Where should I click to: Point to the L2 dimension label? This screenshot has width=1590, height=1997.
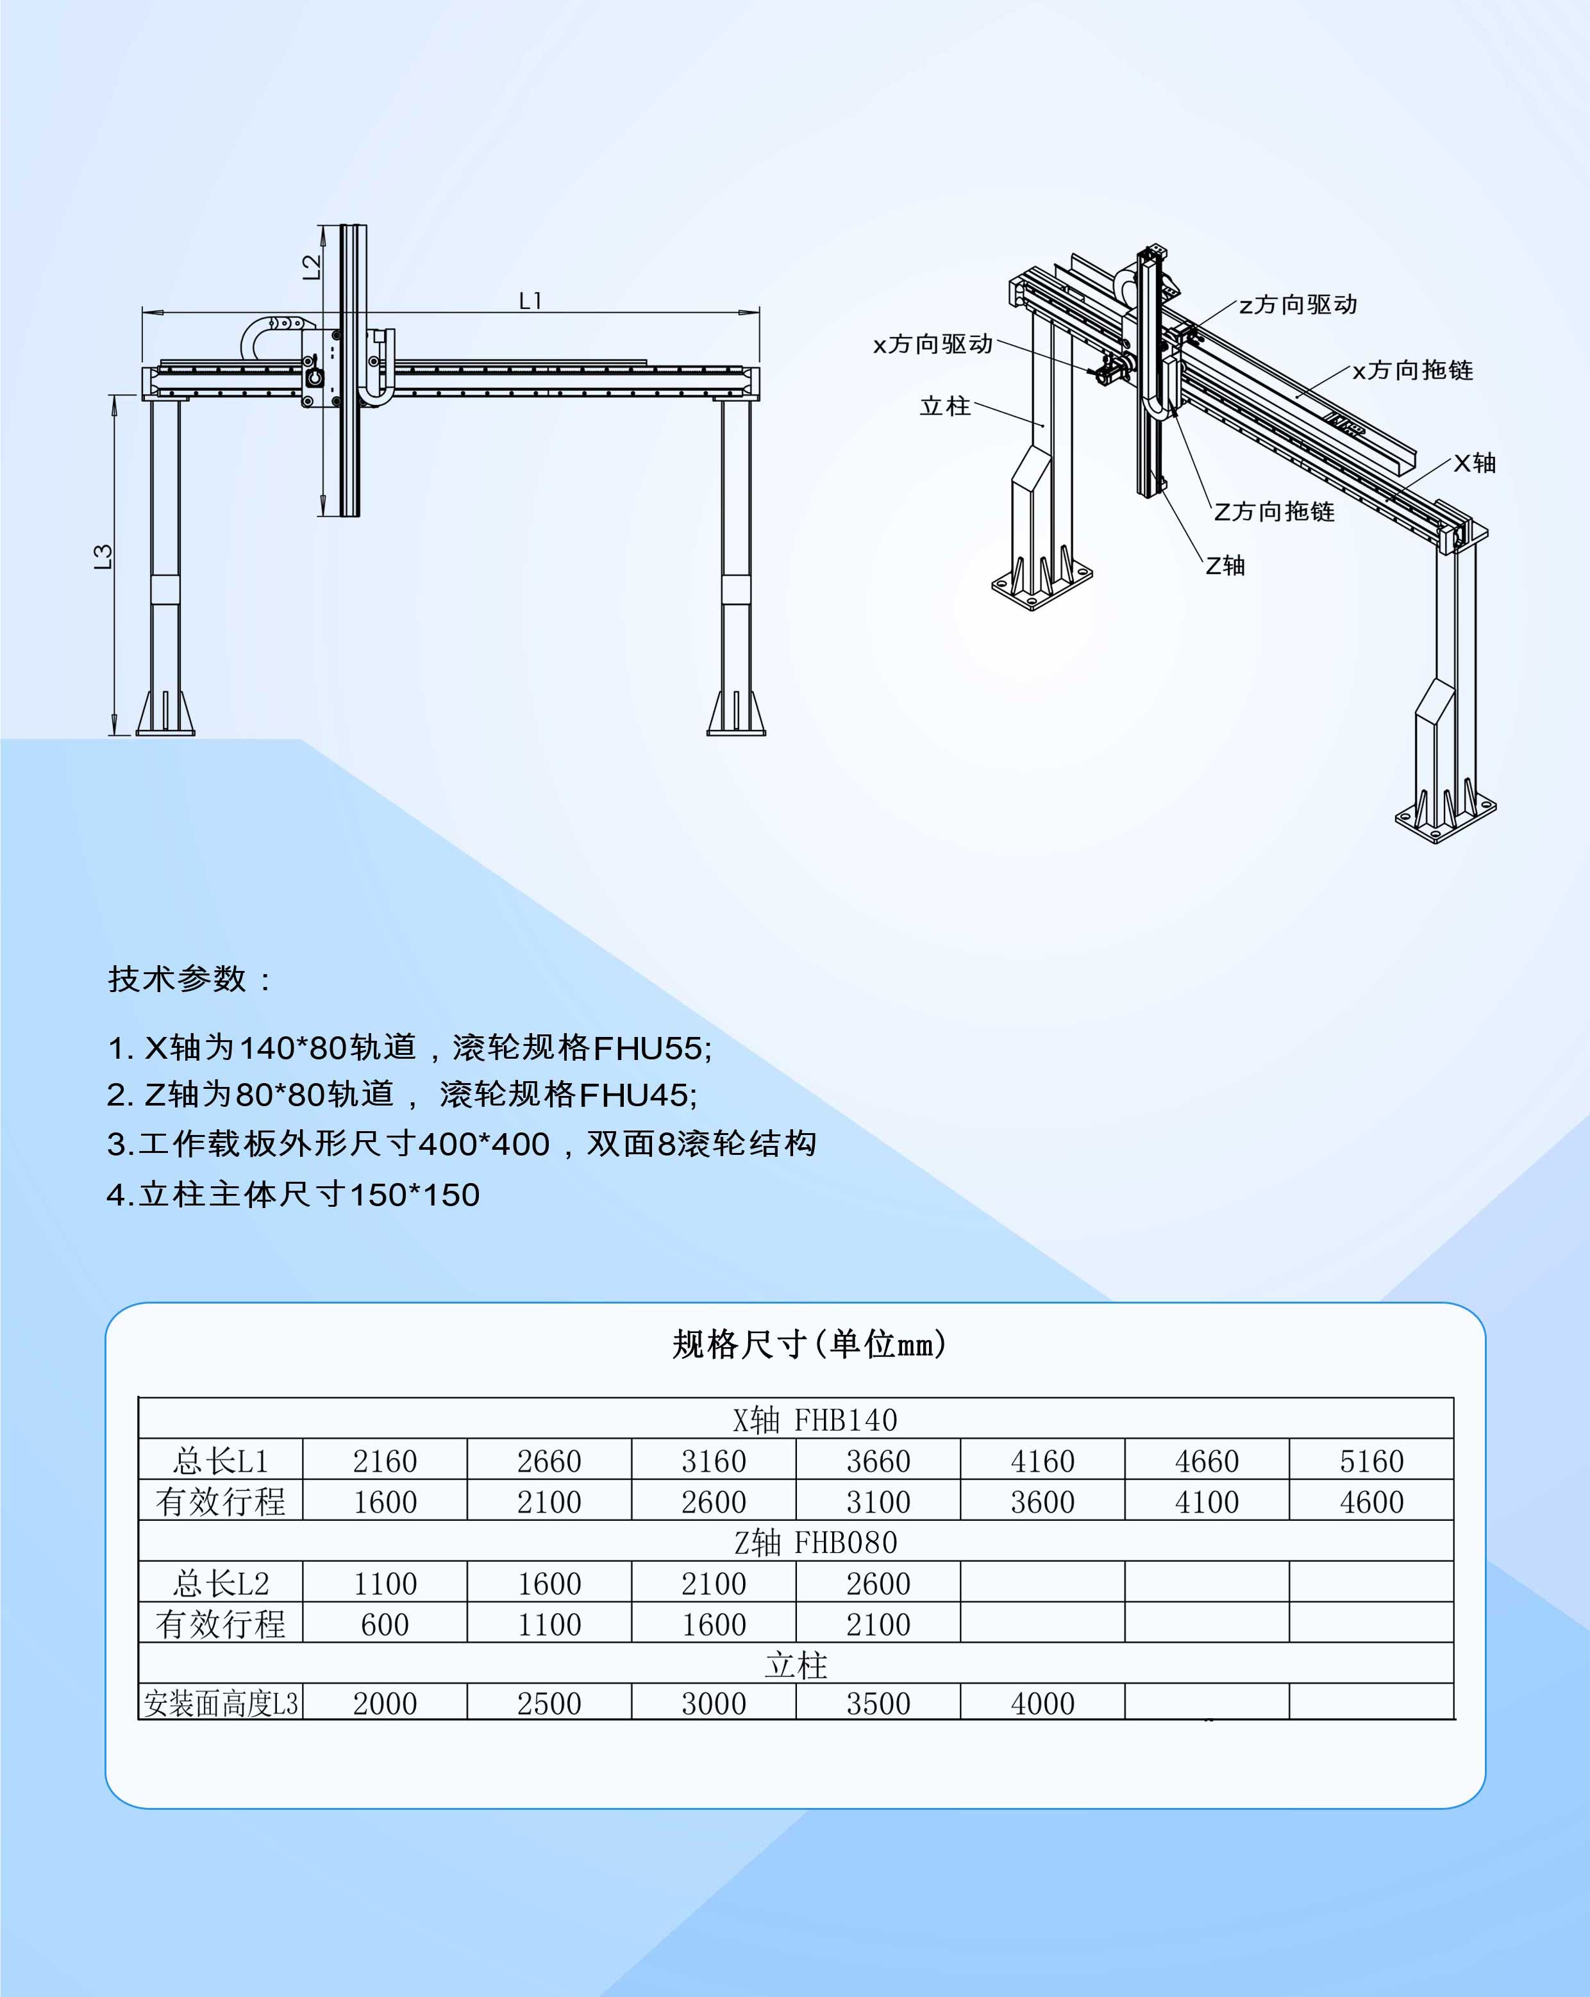click(x=312, y=267)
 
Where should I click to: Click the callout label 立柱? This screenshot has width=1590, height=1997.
click(x=945, y=406)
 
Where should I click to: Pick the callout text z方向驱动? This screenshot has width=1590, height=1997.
click(x=1298, y=304)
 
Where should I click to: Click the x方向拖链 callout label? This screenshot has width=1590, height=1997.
click(x=1413, y=370)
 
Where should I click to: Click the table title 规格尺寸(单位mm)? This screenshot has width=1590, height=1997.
click(x=809, y=1344)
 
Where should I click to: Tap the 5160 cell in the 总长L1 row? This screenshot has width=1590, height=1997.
click(x=1371, y=1461)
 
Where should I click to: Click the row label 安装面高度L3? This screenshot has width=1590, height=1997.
click(x=221, y=1702)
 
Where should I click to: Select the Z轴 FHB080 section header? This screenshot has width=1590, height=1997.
click(x=816, y=1542)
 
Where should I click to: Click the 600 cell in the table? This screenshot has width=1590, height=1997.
click(x=385, y=1624)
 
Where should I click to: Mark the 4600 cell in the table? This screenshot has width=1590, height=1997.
click(x=1371, y=1502)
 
